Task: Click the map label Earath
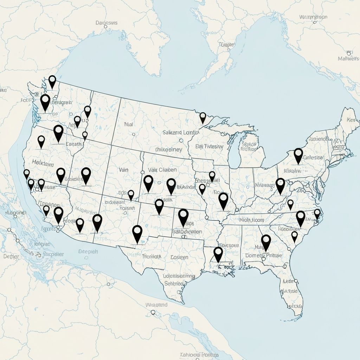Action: [x=73, y=144]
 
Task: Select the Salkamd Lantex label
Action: [x=181, y=133]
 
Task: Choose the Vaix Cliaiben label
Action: [x=162, y=169]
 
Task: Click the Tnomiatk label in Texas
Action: [x=152, y=256]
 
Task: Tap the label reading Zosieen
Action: [x=179, y=257]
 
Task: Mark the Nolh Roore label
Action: [x=252, y=220]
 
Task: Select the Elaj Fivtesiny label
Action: [x=209, y=146]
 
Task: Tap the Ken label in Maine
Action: [x=351, y=120]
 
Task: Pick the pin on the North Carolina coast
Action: [x=317, y=213]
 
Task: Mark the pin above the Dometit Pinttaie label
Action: [x=266, y=242]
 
